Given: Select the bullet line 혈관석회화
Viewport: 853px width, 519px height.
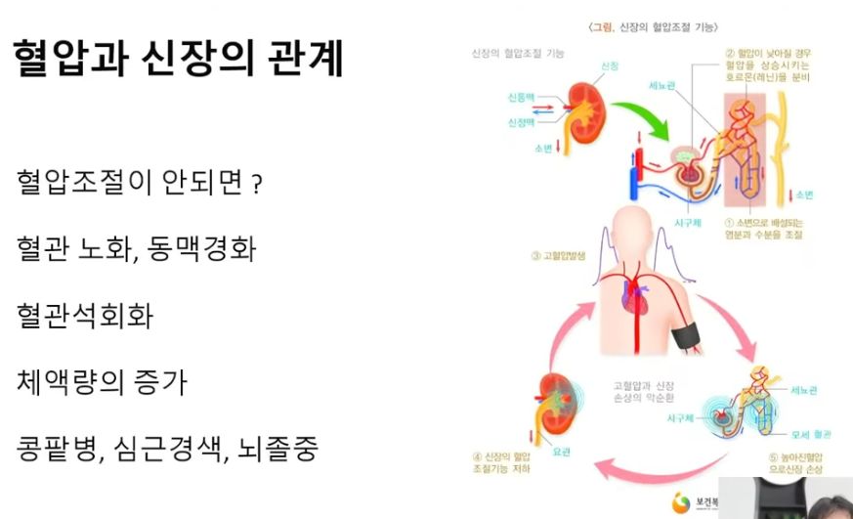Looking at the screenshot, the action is coord(85,316).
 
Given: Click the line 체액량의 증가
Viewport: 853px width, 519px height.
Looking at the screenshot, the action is coord(102,382).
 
